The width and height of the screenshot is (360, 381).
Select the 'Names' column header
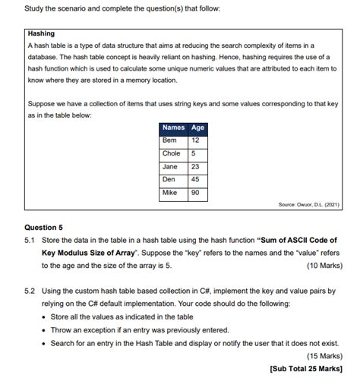[x=173, y=128]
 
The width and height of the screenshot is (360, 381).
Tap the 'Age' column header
[x=197, y=128]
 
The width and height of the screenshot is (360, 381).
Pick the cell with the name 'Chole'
[x=172, y=154]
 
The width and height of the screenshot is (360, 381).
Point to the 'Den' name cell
[x=169, y=180]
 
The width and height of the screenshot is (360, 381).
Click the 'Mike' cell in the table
[x=170, y=193]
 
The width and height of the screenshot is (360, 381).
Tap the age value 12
[x=195, y=141]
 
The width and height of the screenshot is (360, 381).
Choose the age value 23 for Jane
[x=195, y=167]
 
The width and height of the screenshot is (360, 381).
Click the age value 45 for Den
[x=195, y=180]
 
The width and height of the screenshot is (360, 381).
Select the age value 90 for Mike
[x=195, y=193]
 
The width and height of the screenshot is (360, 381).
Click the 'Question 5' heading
[x=44, y=227]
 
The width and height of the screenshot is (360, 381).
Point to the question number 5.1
[x=30, y=240]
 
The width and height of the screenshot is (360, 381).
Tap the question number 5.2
[x=30, y=291]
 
